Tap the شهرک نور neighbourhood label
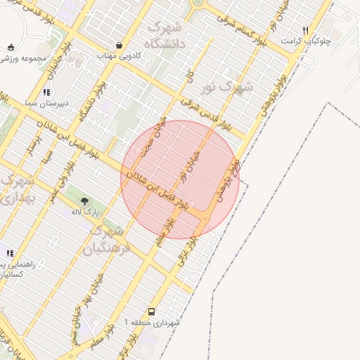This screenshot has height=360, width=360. point(236,87)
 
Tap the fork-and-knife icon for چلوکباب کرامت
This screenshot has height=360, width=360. point(305,30)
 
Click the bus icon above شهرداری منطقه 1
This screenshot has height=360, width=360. point(152,311)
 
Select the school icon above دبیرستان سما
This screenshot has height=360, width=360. point(46,92)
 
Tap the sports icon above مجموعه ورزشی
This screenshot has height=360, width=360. point(10,46)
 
